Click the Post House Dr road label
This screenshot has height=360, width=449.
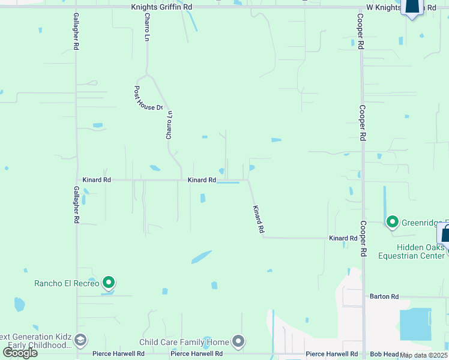point(147,97)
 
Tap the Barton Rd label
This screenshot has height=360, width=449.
point(384,296)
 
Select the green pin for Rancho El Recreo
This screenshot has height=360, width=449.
point(109,282)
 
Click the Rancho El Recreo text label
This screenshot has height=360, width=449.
point(66,283)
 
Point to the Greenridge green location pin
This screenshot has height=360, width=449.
point(393,223)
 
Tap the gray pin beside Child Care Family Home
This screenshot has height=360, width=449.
point(238,342)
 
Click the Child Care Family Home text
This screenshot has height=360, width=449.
point(184,342)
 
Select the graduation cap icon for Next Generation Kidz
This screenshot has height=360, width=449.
point(79,341)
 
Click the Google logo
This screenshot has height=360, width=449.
point(19,352)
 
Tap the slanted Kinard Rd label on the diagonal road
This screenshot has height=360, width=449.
point(258,219)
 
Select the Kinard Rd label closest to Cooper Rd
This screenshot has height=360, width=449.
point(343,238)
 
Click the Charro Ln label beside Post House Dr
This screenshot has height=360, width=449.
point(169,125)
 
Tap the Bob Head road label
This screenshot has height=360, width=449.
point(383,355)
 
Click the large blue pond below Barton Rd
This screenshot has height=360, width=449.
point(415,324)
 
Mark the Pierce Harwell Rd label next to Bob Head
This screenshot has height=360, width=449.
point(331,355)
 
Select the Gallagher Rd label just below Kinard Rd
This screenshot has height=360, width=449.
point(76,208)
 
